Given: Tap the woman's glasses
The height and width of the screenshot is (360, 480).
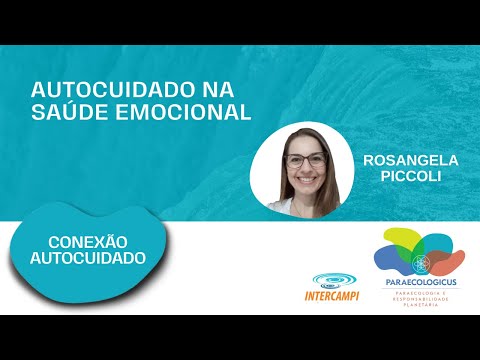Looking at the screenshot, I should (x=306, y=160).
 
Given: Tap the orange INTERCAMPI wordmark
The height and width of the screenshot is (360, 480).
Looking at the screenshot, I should (x=333, y=296).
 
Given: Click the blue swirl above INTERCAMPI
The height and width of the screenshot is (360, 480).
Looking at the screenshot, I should (x=333, y=280).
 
